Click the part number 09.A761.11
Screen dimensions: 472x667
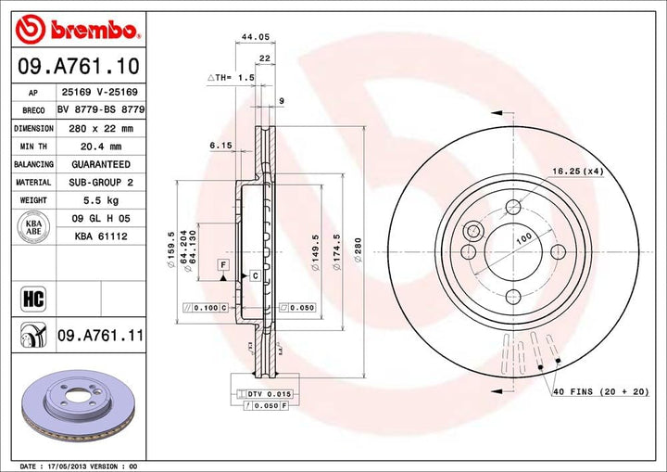point(100,335)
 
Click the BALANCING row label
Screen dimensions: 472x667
point(33,164)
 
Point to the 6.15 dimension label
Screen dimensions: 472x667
point(220,146)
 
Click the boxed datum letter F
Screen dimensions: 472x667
point(223,265)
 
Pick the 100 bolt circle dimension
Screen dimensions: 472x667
point(524,238)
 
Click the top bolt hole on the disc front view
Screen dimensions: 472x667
point(513,208)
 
